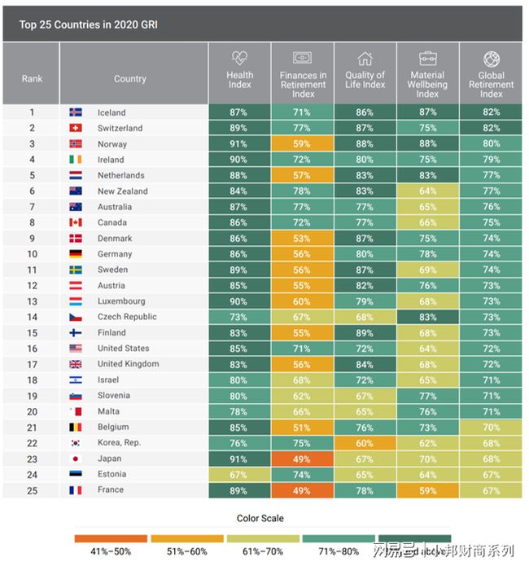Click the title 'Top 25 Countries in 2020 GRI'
click(x=88, y=24)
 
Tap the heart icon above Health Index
click(x=239, y=58)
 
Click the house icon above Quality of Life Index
click(x=365, y=58)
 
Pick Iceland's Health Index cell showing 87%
click(x=239, y=112)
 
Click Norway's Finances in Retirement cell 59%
click(x=303, y=144)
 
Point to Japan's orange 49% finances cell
click(x=303, y=459)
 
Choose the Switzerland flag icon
click(x=76, y=129)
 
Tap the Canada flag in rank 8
click(x=76, y=222)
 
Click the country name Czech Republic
click(x=127, y=317)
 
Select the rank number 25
click(x=32, y=490)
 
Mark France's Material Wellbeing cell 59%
click(x=428, y=490)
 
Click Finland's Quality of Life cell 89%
click(x=365, y=332)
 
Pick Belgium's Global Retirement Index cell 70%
click(x=491, y=427)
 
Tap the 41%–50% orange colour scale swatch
click(x=111, y=538)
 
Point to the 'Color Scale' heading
click(x=260, y=519)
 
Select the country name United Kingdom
click(x=129, y=364)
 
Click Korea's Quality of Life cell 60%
click(x=365, y=443)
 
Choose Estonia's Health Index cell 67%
click(x=239, y=474)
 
